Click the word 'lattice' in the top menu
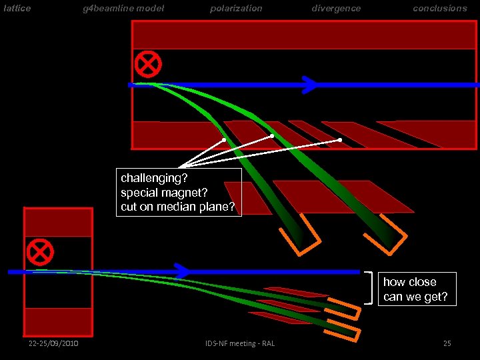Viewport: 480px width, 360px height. coord(17,9)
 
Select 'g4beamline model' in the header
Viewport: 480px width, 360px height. coord(123,9)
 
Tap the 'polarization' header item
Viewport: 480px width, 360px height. coord(236,9)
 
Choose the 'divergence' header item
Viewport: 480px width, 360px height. coord(336,9)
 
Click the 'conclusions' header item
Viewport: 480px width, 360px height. coord(440,9)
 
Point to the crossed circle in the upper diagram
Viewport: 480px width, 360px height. coord(148,64)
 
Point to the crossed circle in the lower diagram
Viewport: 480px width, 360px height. coord(41,252)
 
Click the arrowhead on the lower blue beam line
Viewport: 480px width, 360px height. coord(181,271)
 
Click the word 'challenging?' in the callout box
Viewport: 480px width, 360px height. coord(154,178)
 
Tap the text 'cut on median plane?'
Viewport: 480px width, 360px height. coord(178,207)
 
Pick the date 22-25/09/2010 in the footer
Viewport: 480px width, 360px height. coord(53,343)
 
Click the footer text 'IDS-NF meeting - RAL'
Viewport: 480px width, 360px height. coord(240,343)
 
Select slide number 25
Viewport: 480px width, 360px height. coord(447,343)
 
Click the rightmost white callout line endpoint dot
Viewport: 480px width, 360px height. coord(340,140)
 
